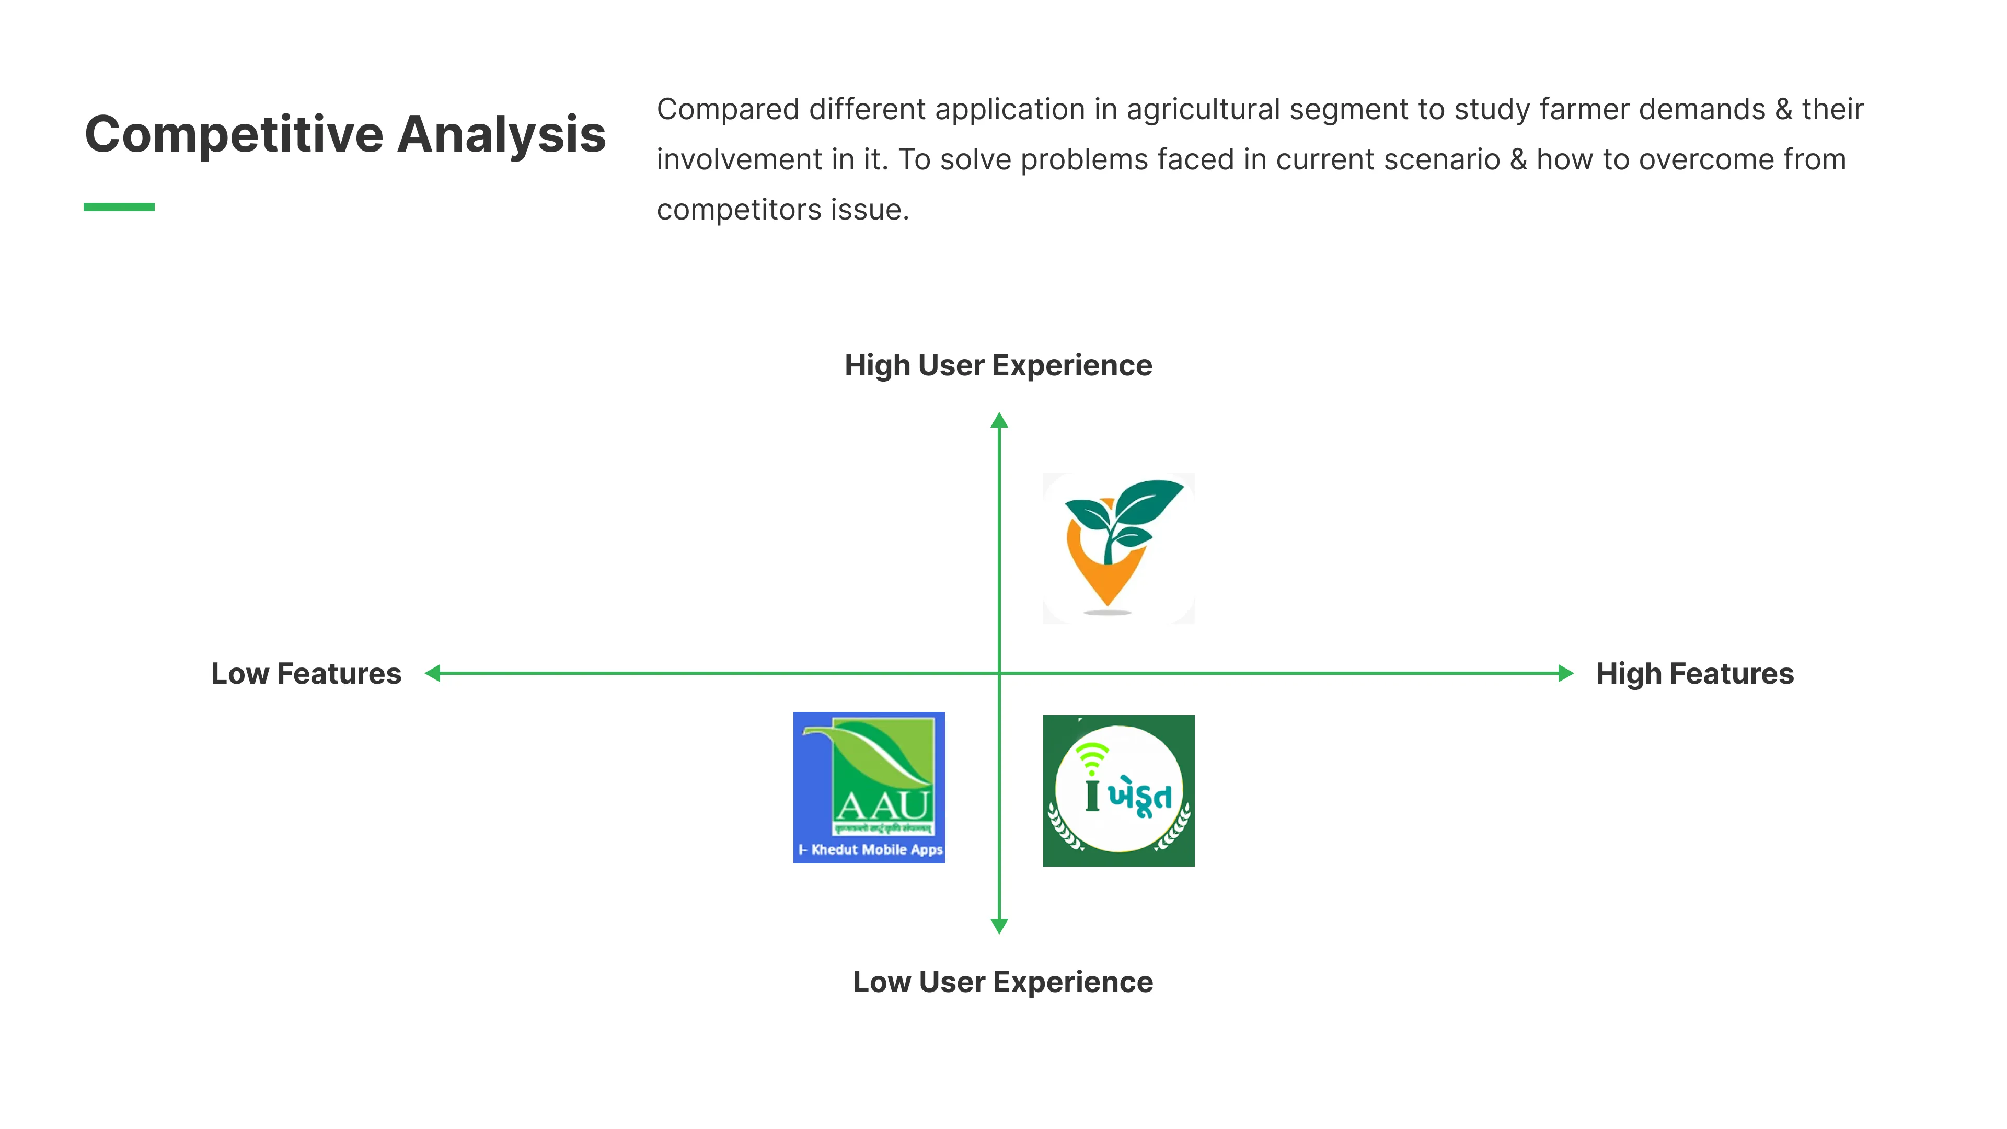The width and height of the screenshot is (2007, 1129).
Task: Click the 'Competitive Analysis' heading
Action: click(344, 134)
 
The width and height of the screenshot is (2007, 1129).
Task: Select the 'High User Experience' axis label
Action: click(998, 365)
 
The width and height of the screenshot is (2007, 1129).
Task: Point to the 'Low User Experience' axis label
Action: click(1003, 982)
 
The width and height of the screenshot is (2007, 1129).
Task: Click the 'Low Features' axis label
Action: click(306, 673)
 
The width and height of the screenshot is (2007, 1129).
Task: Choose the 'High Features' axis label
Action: click(1694, 673)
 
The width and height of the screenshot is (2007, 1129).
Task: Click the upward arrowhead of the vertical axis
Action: click(999, 421)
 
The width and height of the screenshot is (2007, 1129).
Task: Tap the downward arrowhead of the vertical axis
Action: click(999, 926)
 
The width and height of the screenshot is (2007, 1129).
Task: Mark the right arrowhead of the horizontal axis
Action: click(1565, 673)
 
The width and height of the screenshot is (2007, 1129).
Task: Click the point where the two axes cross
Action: click(999, 673)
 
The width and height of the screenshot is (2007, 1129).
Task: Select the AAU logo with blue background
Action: click(869, 787)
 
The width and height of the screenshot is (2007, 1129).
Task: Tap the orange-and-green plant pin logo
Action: click(1118, 548)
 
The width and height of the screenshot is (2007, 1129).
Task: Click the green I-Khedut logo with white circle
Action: click(1118, 790)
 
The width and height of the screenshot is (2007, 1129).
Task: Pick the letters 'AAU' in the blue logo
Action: click(883, 805)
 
